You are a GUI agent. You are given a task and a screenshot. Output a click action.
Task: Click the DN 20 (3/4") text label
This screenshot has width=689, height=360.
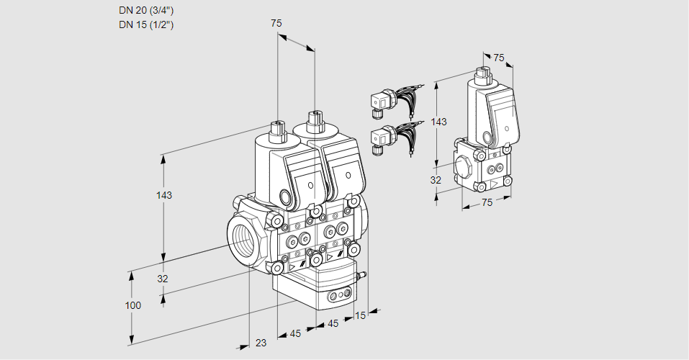146,11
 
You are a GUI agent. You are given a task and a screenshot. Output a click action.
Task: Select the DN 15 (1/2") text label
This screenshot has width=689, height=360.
146,24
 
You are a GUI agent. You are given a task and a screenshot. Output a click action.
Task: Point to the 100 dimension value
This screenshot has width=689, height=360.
132,305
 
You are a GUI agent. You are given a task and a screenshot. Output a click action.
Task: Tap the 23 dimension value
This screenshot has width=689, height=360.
261,343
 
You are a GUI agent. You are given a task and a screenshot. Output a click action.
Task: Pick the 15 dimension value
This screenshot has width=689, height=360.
360,315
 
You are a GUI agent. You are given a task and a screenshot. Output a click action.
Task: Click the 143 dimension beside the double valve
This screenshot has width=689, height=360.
164,196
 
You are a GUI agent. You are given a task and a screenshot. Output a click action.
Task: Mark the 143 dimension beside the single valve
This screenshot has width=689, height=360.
438,122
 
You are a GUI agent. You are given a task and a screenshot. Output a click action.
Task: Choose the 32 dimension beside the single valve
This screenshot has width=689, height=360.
436,180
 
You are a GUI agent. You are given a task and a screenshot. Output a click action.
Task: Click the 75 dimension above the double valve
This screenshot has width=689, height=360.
276,24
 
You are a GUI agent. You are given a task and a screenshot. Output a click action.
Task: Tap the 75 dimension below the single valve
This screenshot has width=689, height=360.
487,203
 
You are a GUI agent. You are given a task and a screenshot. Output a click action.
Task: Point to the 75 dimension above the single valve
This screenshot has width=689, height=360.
499,58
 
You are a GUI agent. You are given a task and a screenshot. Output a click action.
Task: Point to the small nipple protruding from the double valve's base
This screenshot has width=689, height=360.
362,274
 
